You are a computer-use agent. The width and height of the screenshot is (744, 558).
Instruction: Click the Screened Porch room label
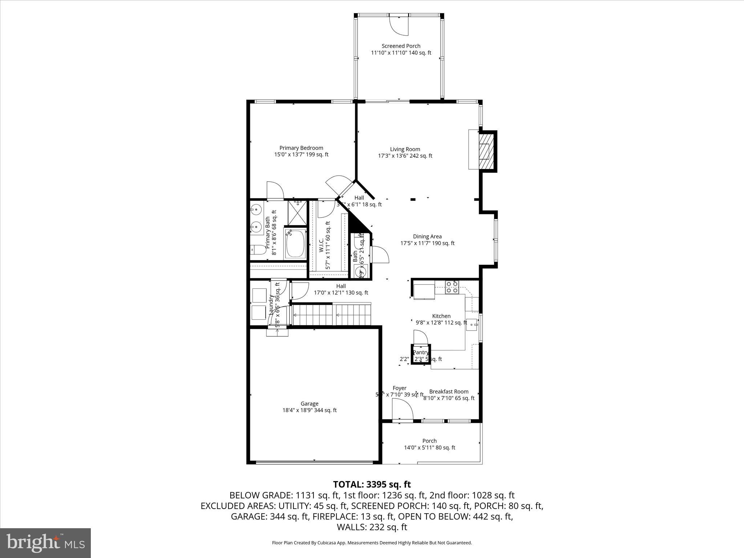click(x=401, y=46)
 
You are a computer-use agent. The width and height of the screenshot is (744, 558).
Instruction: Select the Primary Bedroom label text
click(x=301, y=148)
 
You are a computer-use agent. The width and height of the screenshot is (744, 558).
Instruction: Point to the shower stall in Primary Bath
click(x=297, y=213)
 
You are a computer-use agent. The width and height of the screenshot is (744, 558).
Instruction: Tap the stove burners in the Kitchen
click(x=452, y=287)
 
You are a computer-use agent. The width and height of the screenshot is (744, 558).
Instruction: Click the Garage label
click(x=310, y=404)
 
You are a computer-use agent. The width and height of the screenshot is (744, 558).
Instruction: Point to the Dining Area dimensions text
click(x=427, y=243)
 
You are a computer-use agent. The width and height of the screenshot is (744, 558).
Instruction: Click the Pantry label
click(x=421, y=352)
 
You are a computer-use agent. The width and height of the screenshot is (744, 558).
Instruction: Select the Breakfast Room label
click(x=449, y=392)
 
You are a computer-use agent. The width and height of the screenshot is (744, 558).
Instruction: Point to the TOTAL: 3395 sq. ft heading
click(x=372, y=484)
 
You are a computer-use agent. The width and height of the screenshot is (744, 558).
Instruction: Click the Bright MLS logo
click(x=45, y=543)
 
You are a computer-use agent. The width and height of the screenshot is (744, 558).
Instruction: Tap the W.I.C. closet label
click(x=322, y=246)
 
